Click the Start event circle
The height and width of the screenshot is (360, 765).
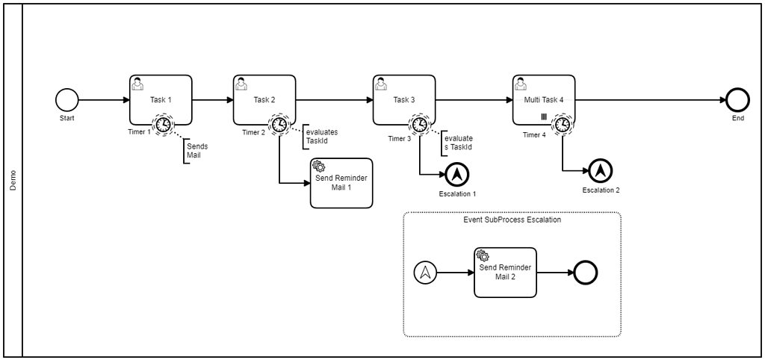click(x=66, y=100)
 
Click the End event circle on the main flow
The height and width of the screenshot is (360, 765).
click(x=736, y=100)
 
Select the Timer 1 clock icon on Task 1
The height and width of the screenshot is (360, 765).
click(x=162, y=124)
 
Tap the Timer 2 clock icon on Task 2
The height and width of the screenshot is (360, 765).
click(x=279, y=124)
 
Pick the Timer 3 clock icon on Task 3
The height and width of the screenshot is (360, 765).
click(x=420, y=124)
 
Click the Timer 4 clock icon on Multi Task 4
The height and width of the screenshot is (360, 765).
click(x=563, y=124)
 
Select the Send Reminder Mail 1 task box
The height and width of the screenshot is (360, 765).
click(x=341, y=183)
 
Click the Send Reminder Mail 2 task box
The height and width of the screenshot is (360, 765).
click(x=505, y=273)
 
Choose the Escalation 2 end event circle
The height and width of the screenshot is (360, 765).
click(x=600, y=171)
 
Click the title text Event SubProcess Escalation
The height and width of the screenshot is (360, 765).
click(x=512, y=220)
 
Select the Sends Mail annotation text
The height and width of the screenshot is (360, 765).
click(x=197, y=151)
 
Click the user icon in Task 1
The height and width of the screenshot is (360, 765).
click(x=137, y=83)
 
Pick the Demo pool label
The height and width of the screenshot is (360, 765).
click(x=13, y=180)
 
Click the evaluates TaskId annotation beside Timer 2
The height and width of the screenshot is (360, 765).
click(x=321, y=137)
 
